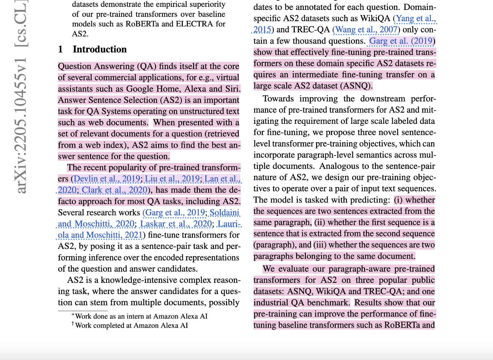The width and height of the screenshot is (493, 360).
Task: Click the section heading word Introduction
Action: (100, 49)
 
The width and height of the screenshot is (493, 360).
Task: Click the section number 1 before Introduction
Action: (60, 49)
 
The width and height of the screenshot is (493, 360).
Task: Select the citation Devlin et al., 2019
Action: (107, 179)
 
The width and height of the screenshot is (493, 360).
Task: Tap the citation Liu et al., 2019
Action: (172, 179)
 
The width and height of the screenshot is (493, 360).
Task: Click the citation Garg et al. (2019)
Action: (401, 41)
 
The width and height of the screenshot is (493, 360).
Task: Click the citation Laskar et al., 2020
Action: (176, 224)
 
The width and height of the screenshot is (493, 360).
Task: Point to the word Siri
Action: (233, 89)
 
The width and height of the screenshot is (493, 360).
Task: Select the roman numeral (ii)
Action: (320, 222)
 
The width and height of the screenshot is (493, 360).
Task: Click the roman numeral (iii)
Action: (320, 245)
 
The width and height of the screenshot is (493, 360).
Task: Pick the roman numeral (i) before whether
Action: (398, 200)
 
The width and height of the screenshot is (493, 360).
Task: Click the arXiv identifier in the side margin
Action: (21, 124)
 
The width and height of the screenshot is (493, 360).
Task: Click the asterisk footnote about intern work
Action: (140, 316)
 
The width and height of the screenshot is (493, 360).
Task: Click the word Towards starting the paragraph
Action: (278, 99)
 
